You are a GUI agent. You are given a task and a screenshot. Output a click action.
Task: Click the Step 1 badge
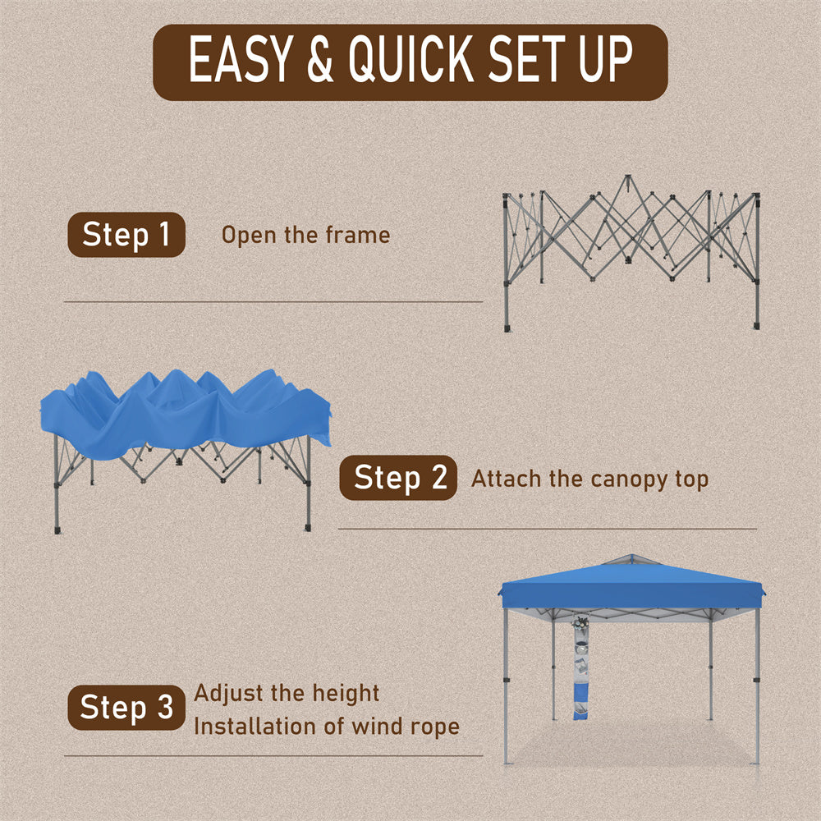tap(126, 235)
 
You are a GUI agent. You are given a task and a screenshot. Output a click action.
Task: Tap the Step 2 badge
tap(398, 478)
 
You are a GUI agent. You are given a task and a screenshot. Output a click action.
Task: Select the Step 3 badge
tap(126, 707)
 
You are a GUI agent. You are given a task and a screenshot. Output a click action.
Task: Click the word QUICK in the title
tap(411, 59)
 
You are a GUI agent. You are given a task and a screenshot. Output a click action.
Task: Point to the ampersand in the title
tap(320, 59)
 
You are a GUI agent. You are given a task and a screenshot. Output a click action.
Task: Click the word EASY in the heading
tap(240, 59)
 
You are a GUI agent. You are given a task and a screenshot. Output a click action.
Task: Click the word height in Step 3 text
tap(346, 693)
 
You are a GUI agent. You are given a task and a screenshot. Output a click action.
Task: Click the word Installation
tap(254, 726)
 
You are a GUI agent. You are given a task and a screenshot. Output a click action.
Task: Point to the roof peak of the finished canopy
tap(631, 556)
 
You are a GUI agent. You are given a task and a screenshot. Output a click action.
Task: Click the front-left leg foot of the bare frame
tap(507, 328)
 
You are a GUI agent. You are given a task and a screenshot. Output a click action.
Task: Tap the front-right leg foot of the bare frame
tap(757, 326)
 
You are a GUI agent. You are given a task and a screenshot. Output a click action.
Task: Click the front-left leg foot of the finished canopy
tap(506, 763)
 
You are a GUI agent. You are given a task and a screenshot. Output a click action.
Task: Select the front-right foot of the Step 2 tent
tap(308, 527)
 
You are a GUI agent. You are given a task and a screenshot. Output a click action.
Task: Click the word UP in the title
tap(605, 59)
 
